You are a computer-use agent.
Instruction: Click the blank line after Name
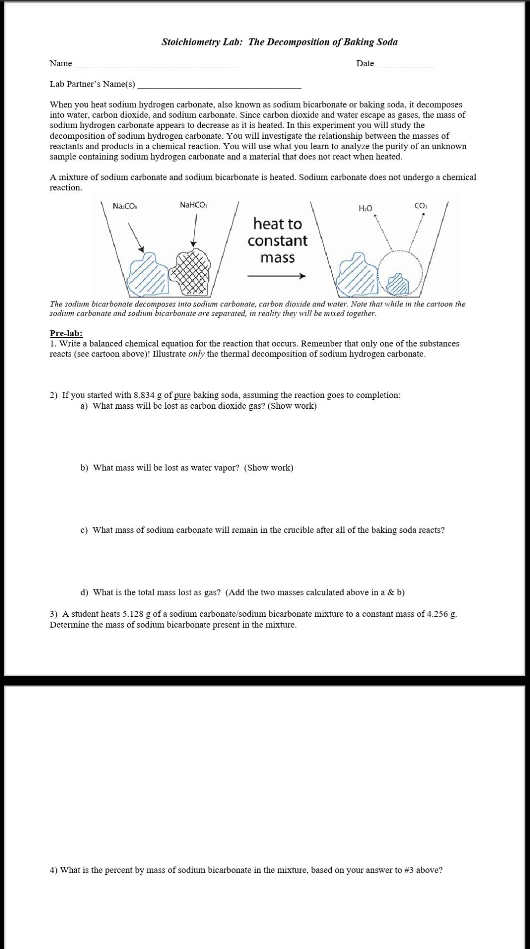coord(156,66)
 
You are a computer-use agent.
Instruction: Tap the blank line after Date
coord(404,66)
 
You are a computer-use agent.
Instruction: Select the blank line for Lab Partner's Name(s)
coord(219,87)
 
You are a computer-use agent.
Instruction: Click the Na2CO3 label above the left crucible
coord(125,206)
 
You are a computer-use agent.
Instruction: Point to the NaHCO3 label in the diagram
coord(194,205)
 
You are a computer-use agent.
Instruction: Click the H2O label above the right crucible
coord(365,208)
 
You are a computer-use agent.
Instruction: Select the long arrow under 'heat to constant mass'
coord(276,276)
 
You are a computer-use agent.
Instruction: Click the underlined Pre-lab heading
coord(66,334)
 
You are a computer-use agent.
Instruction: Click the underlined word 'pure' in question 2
coord(182,395)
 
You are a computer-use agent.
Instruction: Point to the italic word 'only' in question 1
coord(197,354)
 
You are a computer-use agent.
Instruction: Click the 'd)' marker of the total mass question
coord(85,592)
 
